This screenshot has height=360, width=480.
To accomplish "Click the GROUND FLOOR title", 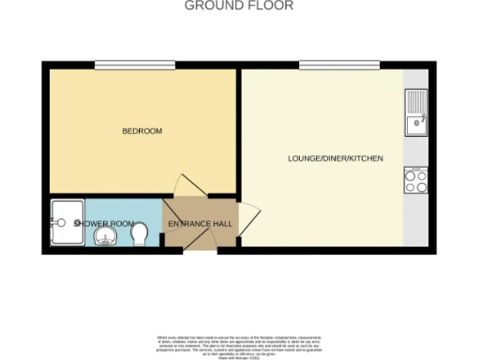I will tap(239, 6).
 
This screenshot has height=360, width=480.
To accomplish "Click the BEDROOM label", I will tap(142, 131).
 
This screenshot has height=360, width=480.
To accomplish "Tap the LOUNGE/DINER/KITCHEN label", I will tap(335, 159).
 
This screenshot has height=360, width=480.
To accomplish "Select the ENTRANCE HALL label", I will tap(201, 225).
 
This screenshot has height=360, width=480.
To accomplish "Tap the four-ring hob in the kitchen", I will tap(415, 179).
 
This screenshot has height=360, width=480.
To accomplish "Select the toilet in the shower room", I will tap(139, 231).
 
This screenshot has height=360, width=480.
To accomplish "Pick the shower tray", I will tap(67, 223).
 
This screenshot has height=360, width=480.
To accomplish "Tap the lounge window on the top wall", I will tap(325, 64).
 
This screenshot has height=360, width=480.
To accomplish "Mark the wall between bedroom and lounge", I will tap(238, 131).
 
